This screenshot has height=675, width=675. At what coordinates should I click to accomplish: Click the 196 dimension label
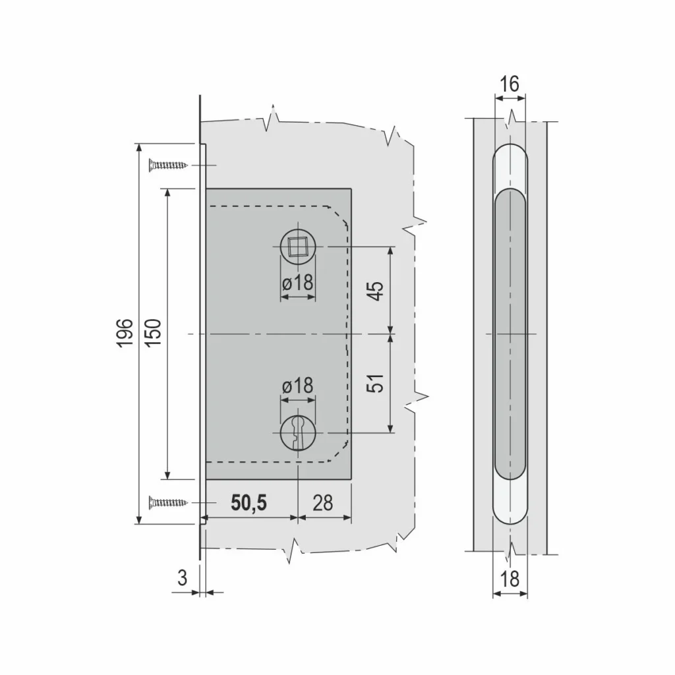coord(124,333)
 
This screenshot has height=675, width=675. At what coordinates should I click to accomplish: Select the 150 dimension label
coord(153,333)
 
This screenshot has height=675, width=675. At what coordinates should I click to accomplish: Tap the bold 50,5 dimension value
coord(249,502)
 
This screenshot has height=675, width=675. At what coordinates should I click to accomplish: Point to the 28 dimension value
coord(323,502)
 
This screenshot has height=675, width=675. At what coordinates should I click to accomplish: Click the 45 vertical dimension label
coord(375,291)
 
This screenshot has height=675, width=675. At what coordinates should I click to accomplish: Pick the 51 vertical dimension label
coord(375,383)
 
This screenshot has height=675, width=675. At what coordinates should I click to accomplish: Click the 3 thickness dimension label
coord(183,577)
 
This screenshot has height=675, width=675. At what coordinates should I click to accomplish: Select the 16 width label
coord(510,84)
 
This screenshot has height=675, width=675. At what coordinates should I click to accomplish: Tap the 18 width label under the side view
coord(510,579)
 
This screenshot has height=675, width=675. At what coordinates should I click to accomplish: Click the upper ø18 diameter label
coord(298,283)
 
